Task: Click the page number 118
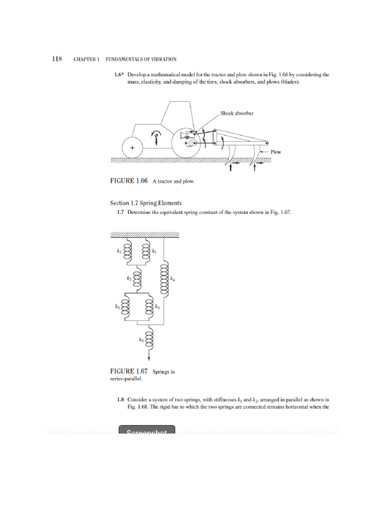tap(57, 59)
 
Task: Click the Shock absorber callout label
tap(237, 113)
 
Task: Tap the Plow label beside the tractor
tap(276, 152)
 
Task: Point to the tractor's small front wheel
tap(132, 148)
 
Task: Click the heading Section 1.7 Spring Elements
tap(146, 203)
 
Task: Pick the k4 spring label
tap(173, 279)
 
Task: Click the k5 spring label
tap(142, 340)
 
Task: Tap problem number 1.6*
tap(119, 75)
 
